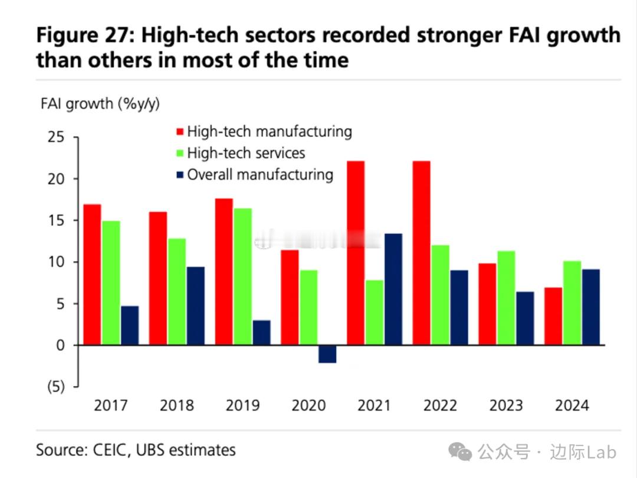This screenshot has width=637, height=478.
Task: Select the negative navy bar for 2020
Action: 327,354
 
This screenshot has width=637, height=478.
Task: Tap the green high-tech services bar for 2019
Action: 242,277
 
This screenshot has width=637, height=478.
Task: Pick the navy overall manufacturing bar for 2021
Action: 393,290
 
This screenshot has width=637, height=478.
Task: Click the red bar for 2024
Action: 553,316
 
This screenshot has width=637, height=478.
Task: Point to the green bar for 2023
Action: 506,298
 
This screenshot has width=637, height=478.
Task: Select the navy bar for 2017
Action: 130,326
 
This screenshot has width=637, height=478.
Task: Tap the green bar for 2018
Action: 176,292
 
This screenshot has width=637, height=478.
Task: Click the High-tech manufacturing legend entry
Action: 269,131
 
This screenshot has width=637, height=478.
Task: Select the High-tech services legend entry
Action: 245,153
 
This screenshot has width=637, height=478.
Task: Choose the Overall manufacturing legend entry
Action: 260,175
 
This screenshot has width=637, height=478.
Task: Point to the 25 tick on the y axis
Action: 57,138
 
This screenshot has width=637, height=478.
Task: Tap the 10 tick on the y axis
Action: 57,262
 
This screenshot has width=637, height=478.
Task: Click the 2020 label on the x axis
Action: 308,406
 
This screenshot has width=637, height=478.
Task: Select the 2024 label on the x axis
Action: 572,406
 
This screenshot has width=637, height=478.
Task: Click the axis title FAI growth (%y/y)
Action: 100,104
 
